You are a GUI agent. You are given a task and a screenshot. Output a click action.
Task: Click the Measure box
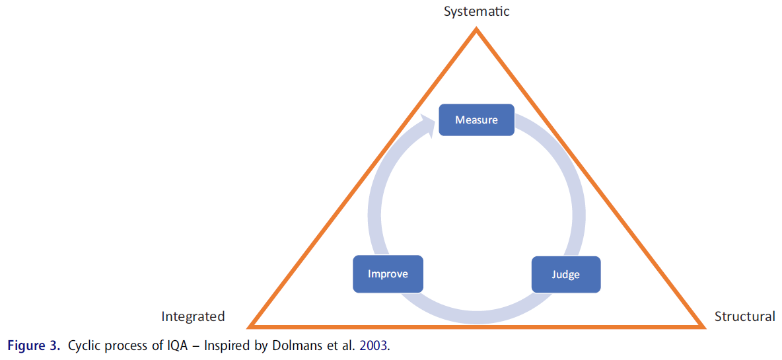pos(476,120)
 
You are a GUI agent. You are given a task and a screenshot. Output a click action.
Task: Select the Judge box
pos(566,274)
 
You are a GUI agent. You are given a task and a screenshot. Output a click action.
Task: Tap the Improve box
pos(388,274)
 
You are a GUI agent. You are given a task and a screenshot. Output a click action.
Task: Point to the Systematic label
pos(476,11)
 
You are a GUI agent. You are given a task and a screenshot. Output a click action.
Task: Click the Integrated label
pos(193,316)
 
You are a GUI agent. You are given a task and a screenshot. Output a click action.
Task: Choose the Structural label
pos(744,316)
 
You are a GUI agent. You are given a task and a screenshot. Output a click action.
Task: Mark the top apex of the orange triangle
pos(476,30)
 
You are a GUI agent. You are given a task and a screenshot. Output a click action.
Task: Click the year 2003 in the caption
pos(374,346)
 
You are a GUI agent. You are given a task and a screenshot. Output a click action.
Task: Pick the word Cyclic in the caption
pos(84,346)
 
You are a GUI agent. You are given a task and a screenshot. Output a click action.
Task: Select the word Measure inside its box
pos(476,120)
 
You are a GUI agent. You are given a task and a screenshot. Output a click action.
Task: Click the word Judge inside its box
pos(566,274)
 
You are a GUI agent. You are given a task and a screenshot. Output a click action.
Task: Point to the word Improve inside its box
pos(388,274)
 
